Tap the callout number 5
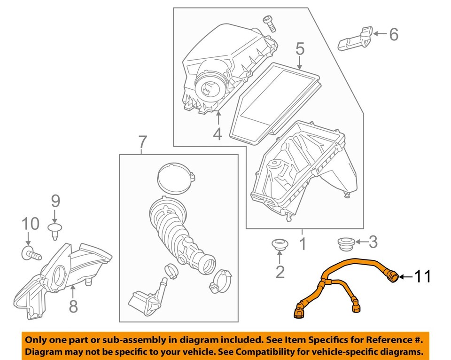click(x=300, y=49)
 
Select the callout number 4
click(x=217, y=134)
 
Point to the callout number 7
click(x=143, y=141)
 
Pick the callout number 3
click(x=373, y=243)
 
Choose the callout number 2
click(x=280, y=272)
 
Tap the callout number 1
click(x=303, y=244)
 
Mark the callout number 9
click(x=55, y=202)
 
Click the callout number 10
click(x=29, y=224)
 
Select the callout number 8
click(x=73, y=306)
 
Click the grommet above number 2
click(x=280, y=245)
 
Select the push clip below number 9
click(x=55, y=228)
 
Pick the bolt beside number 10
click(x=31, y=254)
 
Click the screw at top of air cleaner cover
click(x=269, y=22)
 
